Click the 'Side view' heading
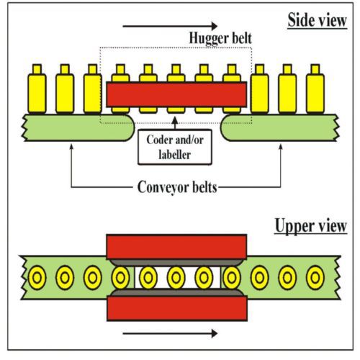coord(317,20)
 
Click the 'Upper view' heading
coord(311,226)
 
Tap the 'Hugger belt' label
coord(220,38)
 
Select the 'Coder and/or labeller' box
coord(175,147)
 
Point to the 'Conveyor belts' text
coord(177,187)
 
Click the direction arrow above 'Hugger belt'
coord(170,26)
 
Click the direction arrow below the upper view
coord(170,333)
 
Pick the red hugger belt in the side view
coord(176,94)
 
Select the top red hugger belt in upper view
coord(176,247)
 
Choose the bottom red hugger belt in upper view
coord(177,308)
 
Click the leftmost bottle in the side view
coord(37,89)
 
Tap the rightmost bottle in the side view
coord(315,89)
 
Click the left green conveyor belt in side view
coord(78,127)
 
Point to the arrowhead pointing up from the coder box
coord(175,120)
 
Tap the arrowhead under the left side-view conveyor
coord(71,147)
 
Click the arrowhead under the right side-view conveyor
coord(280,147)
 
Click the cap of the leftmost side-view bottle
coord(37,69)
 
